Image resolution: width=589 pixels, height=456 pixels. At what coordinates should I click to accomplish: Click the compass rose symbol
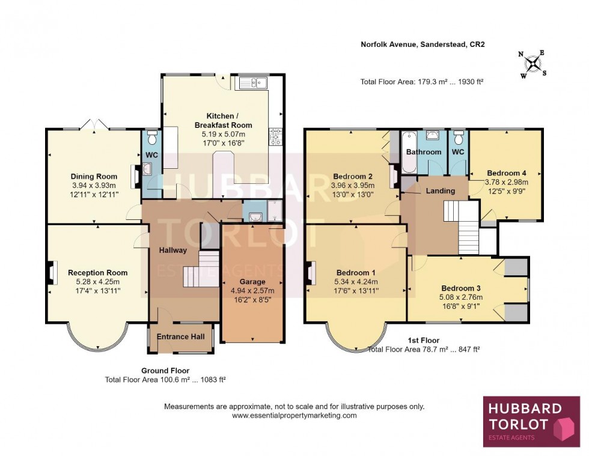pyautogui.click(x=533, y=64)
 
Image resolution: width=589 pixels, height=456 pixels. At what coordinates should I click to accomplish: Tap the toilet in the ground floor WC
pyautogui.click(x=151, y=138)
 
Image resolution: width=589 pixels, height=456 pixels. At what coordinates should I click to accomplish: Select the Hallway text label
pyautogui.click(x=172, y=251)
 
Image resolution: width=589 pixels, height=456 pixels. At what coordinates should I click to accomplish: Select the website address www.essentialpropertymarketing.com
pyautogui.click(x=294, y=415)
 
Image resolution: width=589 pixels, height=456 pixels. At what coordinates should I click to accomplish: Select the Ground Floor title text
pyautogui.click(x=165, y=371)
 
